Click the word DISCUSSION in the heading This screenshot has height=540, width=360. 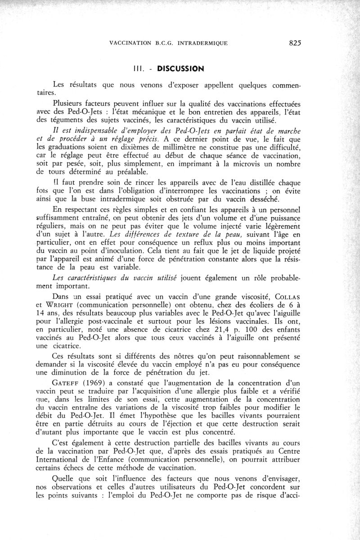pos(178,69)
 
